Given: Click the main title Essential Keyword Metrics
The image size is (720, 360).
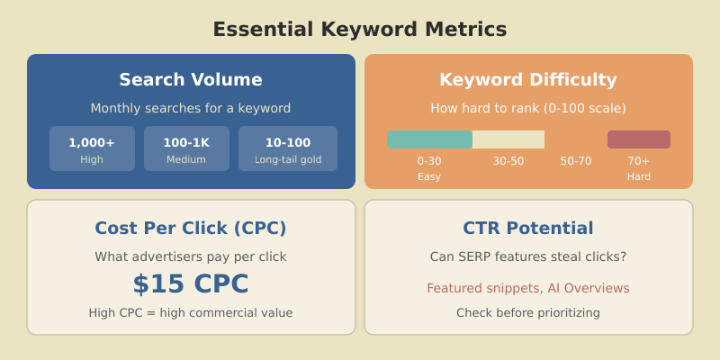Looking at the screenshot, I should click(x=359, y=30).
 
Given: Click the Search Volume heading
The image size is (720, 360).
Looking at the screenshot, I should click(x=191, y=79).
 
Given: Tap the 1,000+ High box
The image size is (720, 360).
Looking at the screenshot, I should click(x=92, y=148).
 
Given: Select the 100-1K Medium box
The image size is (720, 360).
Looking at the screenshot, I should click(x=186, y=148).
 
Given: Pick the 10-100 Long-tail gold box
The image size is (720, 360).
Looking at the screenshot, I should click(x=288, y=148).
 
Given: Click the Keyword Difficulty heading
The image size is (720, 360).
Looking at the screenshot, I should click(x=528, y=79).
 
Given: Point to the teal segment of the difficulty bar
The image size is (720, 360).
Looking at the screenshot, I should click(x=429, y=139).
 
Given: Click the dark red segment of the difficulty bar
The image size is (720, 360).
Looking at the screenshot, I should click(x=639, y=139).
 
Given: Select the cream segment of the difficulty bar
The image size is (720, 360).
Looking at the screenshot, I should click(x=508, y=139).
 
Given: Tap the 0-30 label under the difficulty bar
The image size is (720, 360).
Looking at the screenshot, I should click(x=429, y=161).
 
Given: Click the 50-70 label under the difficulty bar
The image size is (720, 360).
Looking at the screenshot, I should click(x=576, y=161).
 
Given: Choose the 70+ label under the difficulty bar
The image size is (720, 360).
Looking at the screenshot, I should click(x=639, y=161).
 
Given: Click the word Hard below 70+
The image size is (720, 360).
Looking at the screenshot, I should click(x=639, y=176).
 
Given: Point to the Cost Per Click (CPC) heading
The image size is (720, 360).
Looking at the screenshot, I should click(x=191, y=228).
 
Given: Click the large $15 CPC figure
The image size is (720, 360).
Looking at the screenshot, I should click(x=191, y=284).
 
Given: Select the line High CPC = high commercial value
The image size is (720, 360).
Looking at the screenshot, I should click(x=191, y=313).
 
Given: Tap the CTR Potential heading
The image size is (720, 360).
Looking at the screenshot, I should click(x=528, y=228).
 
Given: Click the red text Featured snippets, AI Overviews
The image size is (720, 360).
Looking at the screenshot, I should click(x=528, y=288).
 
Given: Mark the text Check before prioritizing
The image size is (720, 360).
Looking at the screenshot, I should click(x=528, y=313).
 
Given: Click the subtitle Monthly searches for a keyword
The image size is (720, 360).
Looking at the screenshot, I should click(x=191, y=108).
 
